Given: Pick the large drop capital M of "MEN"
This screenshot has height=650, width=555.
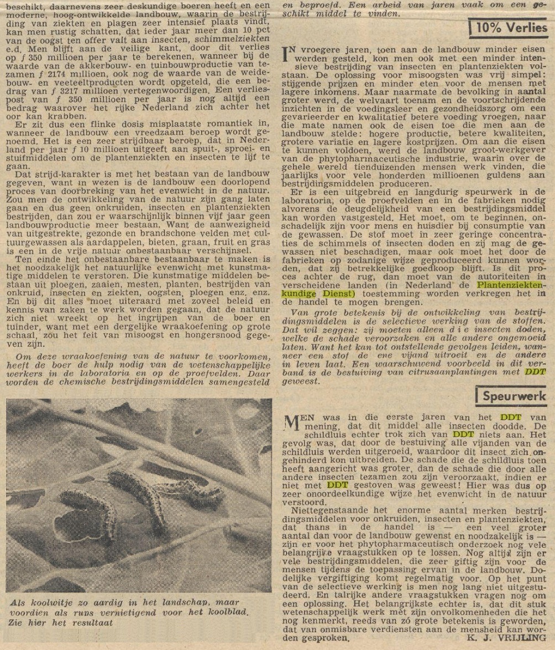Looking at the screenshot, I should pos(291,422).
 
